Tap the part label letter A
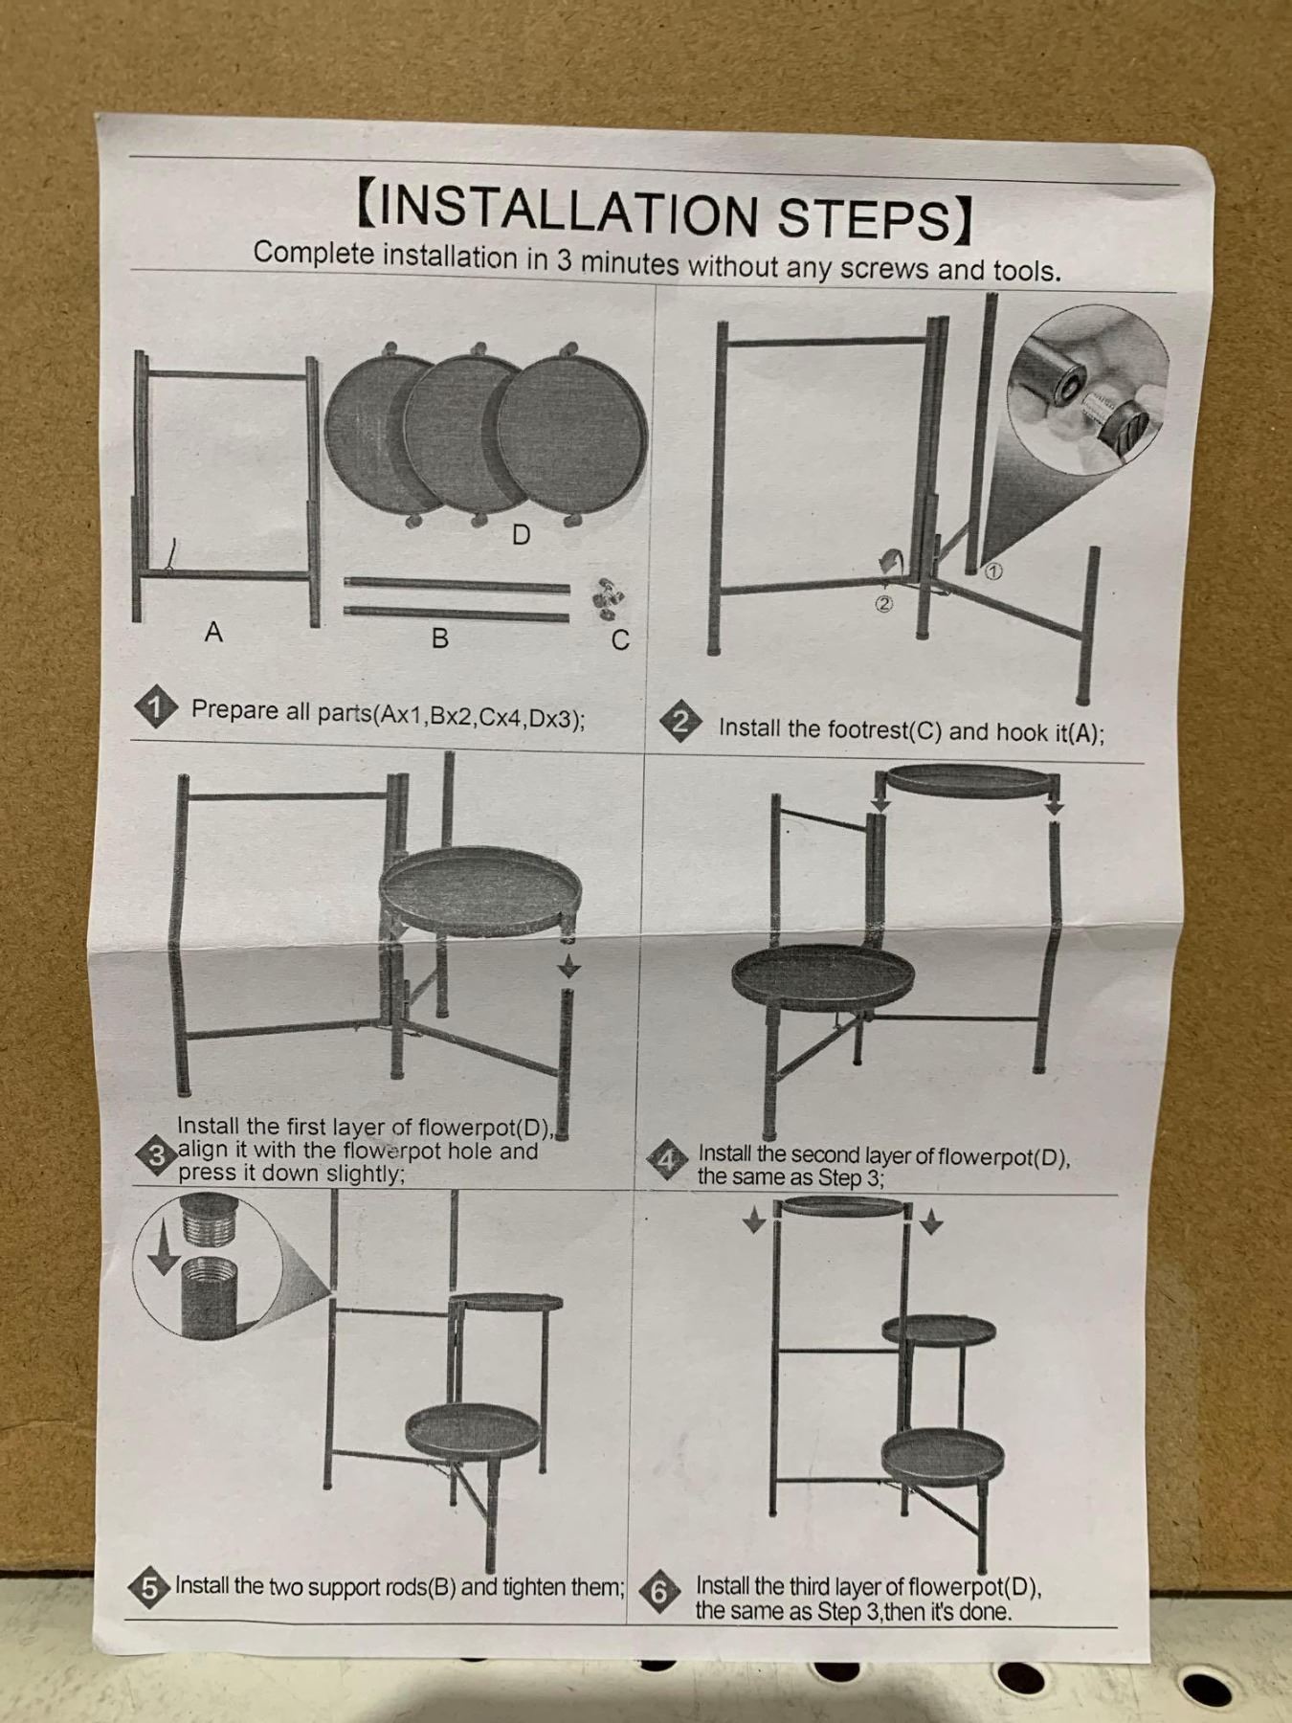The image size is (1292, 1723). (x=213, y=632)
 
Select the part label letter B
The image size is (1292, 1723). (x=439, y=638)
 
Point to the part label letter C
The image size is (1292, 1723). (x=620, y=640)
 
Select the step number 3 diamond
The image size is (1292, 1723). (x=157, y=1155)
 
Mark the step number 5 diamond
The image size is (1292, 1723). (x=149, y=1587)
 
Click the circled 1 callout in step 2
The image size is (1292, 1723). (x=992, y=571)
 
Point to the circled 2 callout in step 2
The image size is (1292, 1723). (x=883, y=603)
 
